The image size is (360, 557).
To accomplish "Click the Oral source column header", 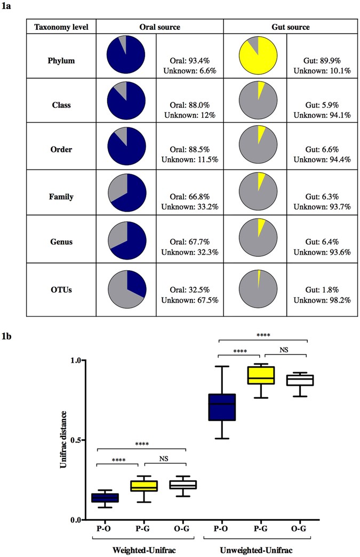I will pos(159,27).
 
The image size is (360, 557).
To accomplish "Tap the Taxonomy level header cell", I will pos(61,27).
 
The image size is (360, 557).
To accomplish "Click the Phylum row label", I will pos(61,60).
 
